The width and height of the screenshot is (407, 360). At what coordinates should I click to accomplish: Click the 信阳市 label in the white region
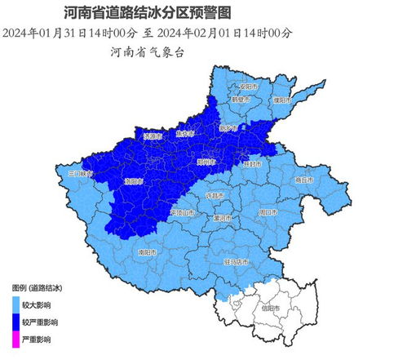tap(270, 308)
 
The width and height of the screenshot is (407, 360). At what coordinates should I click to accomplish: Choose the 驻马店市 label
tap(237, 261)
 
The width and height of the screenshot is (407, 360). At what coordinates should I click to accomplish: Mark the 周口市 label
tap(268, 211)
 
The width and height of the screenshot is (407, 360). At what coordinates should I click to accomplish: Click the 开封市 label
tap(254, 163)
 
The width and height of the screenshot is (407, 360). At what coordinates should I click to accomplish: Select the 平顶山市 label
tap(183, 213)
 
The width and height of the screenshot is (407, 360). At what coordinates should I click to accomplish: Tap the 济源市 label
tap(154, 136)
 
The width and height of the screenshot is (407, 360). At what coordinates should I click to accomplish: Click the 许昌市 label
tap(215, 196)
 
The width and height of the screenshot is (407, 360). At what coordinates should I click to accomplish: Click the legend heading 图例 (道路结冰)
tap(38, 288)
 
